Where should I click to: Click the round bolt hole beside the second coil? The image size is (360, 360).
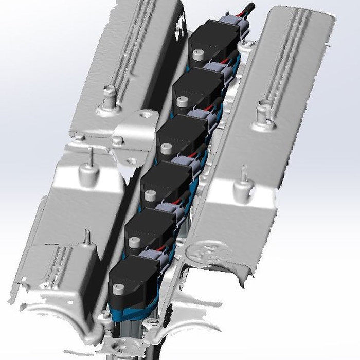tap(147, 114)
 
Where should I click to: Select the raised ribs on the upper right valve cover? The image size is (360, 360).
tap(288, 57)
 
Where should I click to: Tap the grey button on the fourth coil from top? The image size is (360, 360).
tap(149, 195)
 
